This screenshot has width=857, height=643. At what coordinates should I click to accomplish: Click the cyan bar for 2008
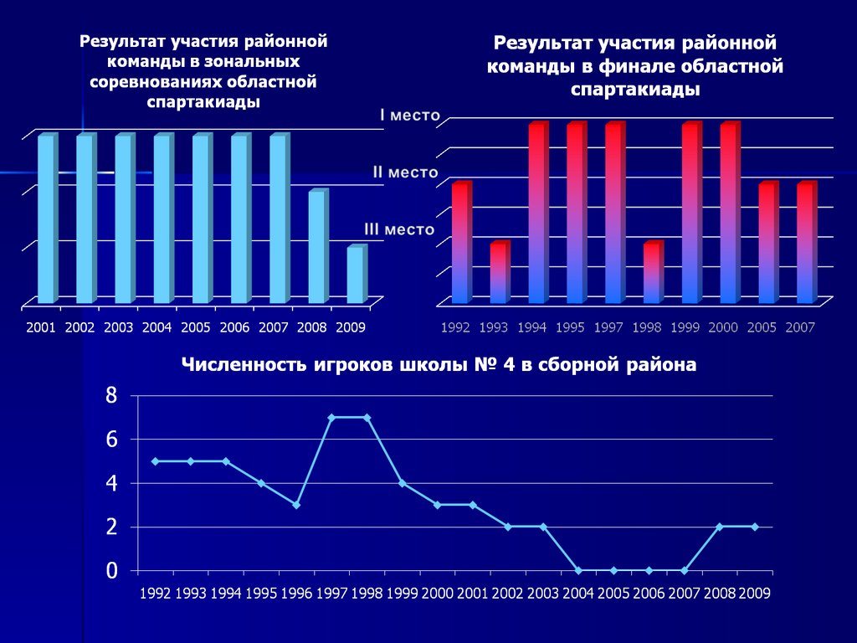(x=317, y=247)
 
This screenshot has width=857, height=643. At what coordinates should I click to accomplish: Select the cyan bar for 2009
(x=356, y=275)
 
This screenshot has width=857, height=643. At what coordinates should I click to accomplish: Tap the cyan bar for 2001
(x=47, y=219)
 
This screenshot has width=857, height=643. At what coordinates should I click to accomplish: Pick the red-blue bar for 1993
(x=499, y=272)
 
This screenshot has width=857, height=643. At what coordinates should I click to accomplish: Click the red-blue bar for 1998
(x=653, y=272)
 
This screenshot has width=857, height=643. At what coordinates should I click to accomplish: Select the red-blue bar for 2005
(x=768, y=242)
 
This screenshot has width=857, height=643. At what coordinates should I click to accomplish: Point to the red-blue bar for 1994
(x=537, y=213)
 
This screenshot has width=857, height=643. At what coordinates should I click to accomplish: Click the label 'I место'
(x=408, y=116)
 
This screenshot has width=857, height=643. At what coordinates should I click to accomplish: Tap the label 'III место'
(x=399, y=228)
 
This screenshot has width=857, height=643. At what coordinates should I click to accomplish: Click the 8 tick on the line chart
(x=111, y=395)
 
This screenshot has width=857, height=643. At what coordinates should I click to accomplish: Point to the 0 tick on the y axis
(x=111, y=571)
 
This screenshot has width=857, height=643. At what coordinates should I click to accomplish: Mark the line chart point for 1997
(x=331, y=417)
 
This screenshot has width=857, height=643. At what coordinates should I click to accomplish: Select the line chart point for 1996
(x=296, y=505)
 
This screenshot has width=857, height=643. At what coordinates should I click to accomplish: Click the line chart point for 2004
(x=578, y=570)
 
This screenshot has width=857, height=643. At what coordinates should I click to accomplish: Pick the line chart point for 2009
(x=755, y=527)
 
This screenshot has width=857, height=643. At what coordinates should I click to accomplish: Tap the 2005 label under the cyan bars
(x=195, y=327)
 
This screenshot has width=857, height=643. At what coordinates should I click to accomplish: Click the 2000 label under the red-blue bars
(x=723, y=327)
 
